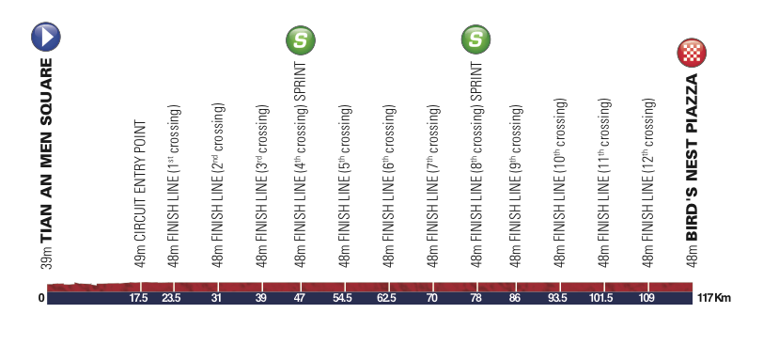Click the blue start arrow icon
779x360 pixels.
(x=46, y=37)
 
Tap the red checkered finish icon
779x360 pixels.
(x=692, y=53)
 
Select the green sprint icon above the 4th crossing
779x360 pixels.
(x=301, y=39)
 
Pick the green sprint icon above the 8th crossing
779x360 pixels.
(x=475, y=39)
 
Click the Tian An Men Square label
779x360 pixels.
(x=46, y=150)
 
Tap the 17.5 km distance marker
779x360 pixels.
(x=138, y=298)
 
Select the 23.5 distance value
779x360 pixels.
(x=169, y=298)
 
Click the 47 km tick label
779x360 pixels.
(x=299, y=298)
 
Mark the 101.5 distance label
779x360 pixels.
(x=603, y=298)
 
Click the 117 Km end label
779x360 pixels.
(x=714, y=298)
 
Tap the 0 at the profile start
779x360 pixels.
(x=41, y=298)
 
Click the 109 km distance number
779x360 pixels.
(x=647, y=298)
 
